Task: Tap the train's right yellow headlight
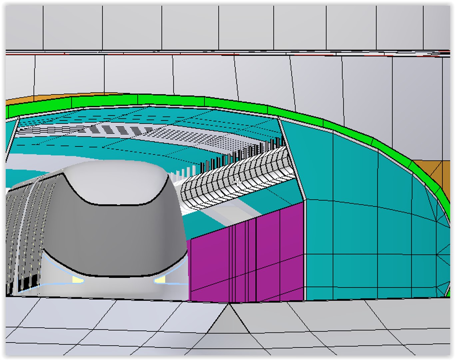coord(161,280)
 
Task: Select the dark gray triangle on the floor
coord(229,320)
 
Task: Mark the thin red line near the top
coord(200,54)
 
